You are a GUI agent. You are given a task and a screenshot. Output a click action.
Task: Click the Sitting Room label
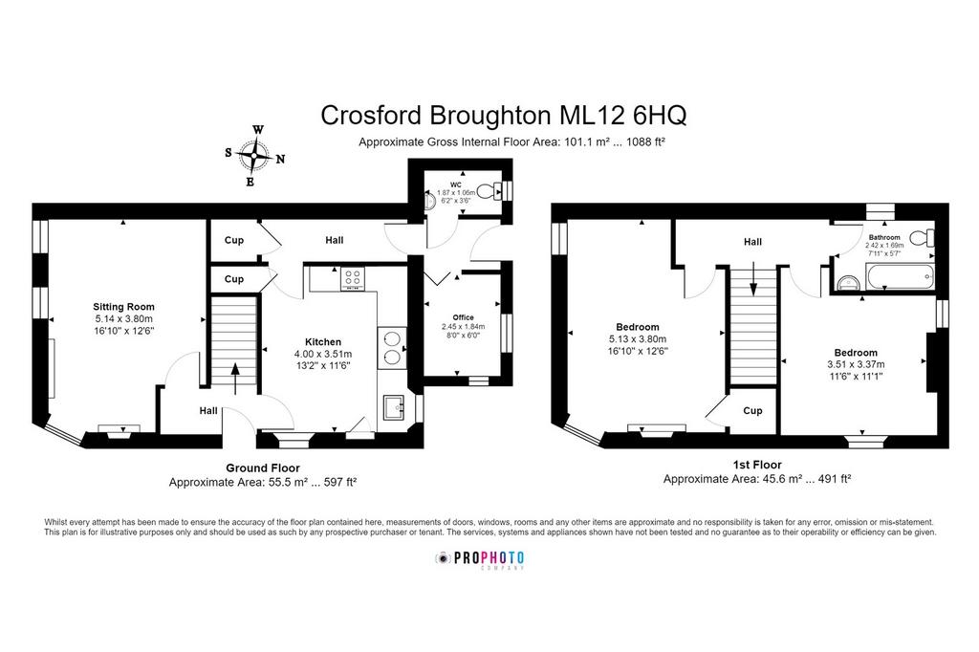(123, 307)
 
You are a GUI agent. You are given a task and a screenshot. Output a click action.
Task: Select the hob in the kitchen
(352, 278)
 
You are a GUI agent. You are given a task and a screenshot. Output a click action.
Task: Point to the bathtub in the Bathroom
(899, 276)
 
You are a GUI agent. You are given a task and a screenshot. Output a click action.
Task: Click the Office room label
(464, 317)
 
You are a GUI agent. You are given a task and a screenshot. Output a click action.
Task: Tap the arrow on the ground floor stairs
(235, 379)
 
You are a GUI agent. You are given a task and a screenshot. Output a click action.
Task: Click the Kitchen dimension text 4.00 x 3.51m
(323, 354)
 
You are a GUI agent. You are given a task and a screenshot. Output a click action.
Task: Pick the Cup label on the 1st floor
(752, 410)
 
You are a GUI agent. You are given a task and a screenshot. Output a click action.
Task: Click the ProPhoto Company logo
(480, 559)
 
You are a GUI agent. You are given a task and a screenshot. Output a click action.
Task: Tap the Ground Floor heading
(263, 467)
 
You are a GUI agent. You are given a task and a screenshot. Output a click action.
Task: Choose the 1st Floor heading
(757, 465)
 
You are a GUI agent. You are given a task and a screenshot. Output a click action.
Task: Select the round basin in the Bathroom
(849, 283)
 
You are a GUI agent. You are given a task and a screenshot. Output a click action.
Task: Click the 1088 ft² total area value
(649, 141)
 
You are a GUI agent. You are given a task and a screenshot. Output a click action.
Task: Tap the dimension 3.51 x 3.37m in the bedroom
(856, 364)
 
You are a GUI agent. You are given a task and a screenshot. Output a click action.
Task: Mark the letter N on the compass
(280, 160)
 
